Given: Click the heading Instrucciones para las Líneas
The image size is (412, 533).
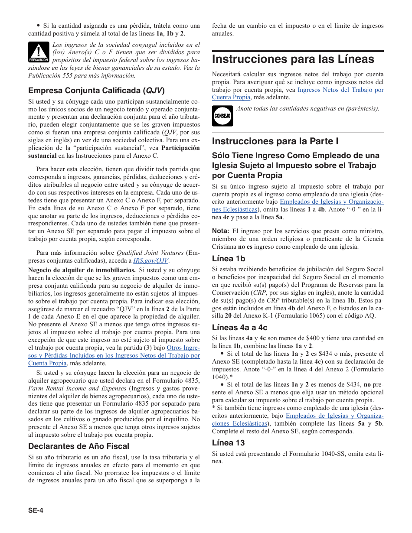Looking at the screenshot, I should (x=293, y=59).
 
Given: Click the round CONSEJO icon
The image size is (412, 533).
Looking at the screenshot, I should (x=222, y=116).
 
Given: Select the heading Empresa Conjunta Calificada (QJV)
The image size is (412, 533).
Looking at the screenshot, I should (x=96, y=91).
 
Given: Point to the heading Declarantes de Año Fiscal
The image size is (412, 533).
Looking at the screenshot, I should (x=78, y=446).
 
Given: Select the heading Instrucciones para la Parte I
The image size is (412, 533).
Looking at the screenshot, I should (x=275, y=141).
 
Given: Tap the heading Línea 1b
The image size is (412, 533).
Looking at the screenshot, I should (x=229, y=259).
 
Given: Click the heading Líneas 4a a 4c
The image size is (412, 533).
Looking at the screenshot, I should (x=239, y=327).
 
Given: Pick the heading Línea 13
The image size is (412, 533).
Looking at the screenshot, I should (x=228, y=442).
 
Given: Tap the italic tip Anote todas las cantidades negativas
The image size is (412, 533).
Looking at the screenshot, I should (x=307, y=108).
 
